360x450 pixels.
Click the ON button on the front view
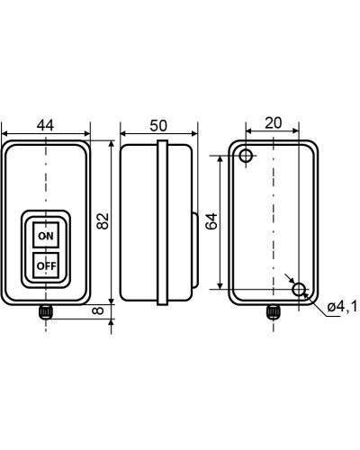[x=46, y=235]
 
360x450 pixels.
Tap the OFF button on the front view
[x=46, y=265]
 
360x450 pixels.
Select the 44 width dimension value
[x=45, y=125]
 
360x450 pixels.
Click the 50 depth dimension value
[x=158, y=125]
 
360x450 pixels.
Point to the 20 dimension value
[x=274, y=122]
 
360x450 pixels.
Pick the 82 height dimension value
[x=103, y=221]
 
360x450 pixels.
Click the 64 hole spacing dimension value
[x=211, y=221]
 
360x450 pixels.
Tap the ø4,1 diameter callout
[x=342, y=306]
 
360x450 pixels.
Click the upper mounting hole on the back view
[x=246, y=156]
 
